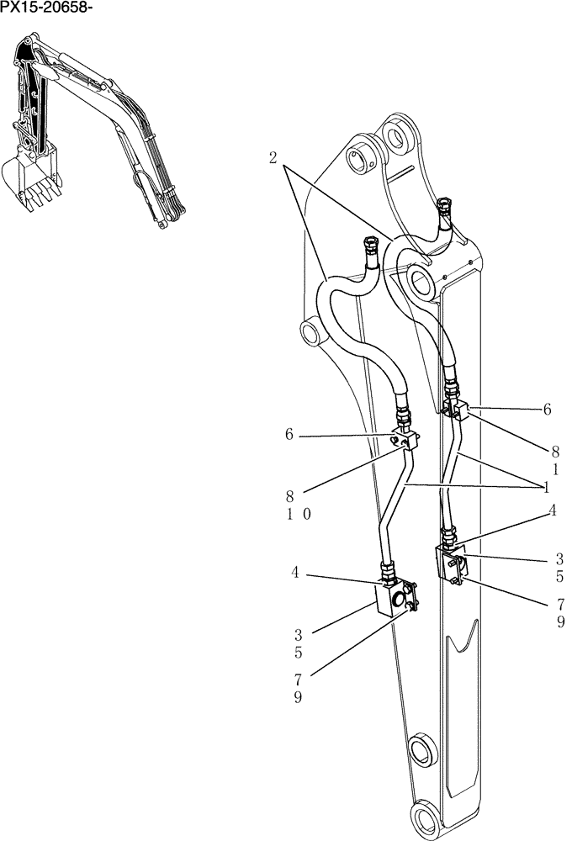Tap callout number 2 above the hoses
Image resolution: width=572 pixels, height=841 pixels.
click(274, 157)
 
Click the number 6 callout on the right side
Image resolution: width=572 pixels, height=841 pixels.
click(547, 410)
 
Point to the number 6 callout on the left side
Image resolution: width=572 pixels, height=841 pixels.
click(289, 434)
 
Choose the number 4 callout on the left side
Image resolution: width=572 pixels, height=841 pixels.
click(295, 572)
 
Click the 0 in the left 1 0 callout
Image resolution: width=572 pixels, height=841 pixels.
click(307, 515)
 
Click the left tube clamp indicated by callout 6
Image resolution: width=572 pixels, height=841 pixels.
click(406, 440)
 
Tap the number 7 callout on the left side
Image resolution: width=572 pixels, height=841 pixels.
click(298, 679)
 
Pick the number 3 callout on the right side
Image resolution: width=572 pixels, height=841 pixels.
click(559, 558)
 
